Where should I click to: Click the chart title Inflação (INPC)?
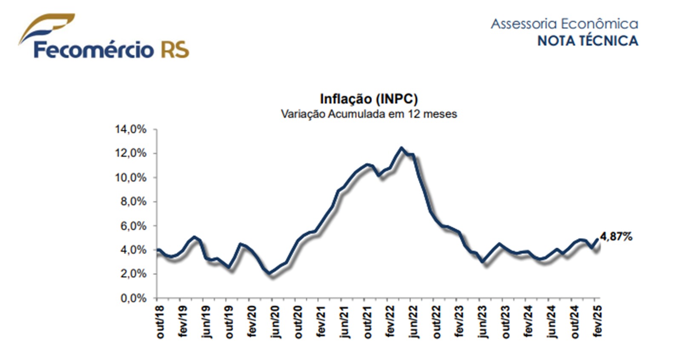tap(369, 99)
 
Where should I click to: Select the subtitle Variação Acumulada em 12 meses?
tap(369, 114)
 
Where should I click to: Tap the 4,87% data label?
tap(616, 237)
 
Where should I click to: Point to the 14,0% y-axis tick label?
tap(130, 129)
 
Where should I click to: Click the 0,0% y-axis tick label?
tap(133, 298)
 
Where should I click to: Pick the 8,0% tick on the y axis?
tap(133, 202)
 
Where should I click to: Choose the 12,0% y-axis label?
tap(130, 153)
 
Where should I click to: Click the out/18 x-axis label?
tap(160, 322)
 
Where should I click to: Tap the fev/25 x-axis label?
tap(597, 322)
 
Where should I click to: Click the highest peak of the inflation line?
tap(401, 148)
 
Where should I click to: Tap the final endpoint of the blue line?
tap(597, 239)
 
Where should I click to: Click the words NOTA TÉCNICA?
tap(587, 41)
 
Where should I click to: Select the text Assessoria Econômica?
tap(564, 23)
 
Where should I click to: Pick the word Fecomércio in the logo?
tap(94, 50)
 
